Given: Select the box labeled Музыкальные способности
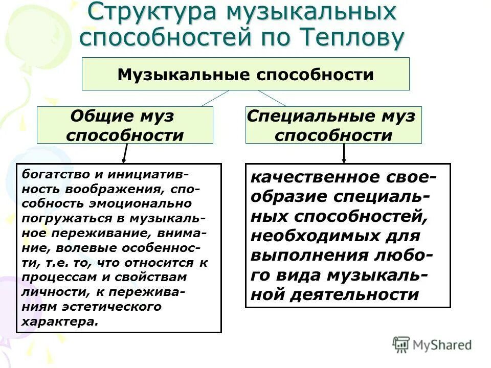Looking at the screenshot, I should click(245, 75).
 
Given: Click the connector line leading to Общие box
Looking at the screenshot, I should click(215, 98).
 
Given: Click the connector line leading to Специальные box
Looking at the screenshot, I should click(272, 98).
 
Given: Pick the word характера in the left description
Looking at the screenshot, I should click(59, 323).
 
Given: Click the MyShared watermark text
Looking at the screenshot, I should click(443, 345).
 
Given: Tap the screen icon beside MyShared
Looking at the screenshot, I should click(401, 344).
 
